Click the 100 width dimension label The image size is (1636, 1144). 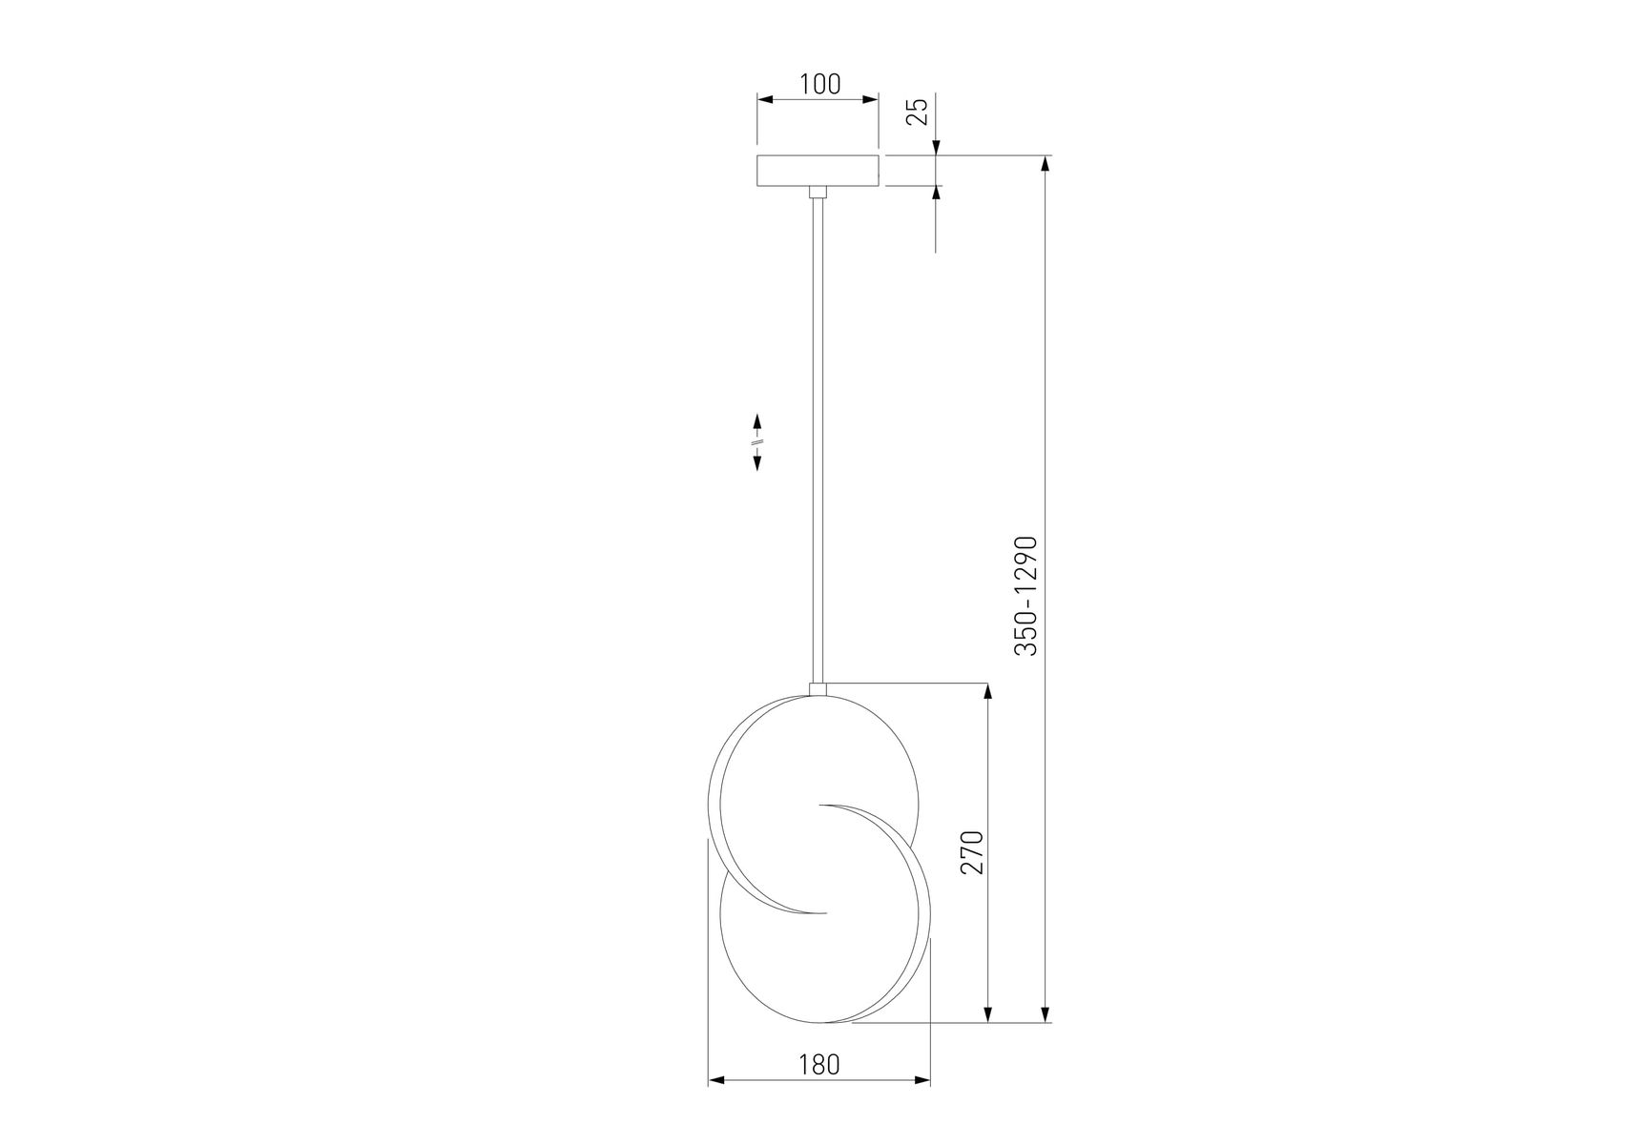819,84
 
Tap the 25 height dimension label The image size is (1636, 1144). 917,112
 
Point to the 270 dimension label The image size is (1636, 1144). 971,852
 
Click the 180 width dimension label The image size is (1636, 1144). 819,1065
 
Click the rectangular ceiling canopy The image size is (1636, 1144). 818,170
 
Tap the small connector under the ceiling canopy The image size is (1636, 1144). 818,192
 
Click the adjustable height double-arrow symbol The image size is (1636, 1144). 757,441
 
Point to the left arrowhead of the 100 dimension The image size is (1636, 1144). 765,98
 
